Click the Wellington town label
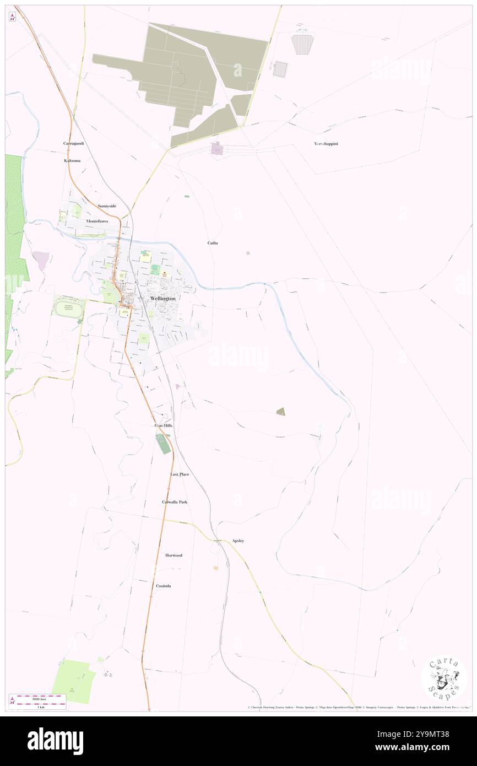point(162,298)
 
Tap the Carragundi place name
point(73,143)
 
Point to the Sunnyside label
point(107,206)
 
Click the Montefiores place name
point(97,221)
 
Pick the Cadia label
point(213,242)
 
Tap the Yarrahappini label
point(326,144)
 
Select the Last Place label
point(180,474)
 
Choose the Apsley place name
point(238,541)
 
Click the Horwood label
point(174,555)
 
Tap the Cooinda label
point(162,586)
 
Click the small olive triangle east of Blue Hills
point(281,411)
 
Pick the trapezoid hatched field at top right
point(301,44)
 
